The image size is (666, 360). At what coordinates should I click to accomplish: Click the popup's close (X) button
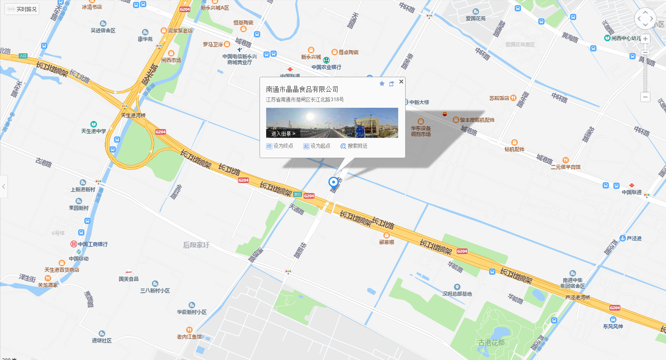pyautogui.click(x=401, y=82)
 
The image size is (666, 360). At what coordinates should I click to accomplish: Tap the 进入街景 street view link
pyautogui.click(x=283, y=134)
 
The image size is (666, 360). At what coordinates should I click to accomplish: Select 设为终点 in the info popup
pyautogui.click(x=280, y=146)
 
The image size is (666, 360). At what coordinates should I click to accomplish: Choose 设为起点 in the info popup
pyautogui.click(x=317, y=146)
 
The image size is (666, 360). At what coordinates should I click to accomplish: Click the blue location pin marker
pyautogui.click(x=333, y=182)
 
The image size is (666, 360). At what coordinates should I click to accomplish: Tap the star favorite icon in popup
pyautogui.click(x=382, y=84)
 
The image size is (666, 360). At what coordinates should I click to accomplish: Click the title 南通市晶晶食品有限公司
pyautogui.click(x=302, y=89)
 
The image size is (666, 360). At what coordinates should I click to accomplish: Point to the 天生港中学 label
pyautogui.click(x=94, y=131)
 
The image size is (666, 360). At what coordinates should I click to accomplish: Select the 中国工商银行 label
pyautogui.click(x=92, y=244)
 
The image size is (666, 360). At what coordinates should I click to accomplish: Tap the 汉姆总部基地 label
pyautogui.click(x=457, y=294)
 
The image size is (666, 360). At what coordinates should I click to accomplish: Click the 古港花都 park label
pyautogui.click(x=491, y=343)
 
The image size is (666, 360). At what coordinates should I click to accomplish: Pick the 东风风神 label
pyautogui.click(x=613, y=326)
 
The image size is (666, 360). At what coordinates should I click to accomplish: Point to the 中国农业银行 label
pyautogui.click(x=326, y=67)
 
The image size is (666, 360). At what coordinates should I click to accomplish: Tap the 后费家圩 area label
pyautogui.click(x=196, y=245)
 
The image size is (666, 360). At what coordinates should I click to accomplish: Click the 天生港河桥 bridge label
pyautogui.click(x=133, y=115)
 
